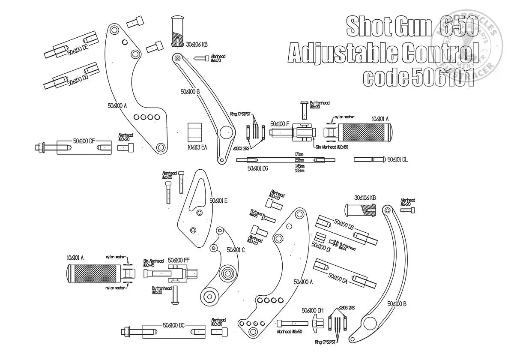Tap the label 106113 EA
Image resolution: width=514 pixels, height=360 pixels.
[x=197, y=147]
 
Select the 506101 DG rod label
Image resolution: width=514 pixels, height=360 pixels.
[x=257, y=168]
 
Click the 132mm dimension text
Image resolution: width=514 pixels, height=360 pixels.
[x=299, y=171]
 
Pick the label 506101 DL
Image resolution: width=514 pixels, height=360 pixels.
[x=397, y=159]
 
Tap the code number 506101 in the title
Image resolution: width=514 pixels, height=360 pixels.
[x=443, y=77]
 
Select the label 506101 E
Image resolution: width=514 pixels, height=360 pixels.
[x=218, y=200]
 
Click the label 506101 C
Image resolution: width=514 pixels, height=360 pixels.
[x=236, y=249]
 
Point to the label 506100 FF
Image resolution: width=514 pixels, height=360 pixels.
[x=179, y=260]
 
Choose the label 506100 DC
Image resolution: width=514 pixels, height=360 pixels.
[x=173, y=325]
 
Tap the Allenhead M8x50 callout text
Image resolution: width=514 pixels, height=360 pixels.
[x=290, y=332]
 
